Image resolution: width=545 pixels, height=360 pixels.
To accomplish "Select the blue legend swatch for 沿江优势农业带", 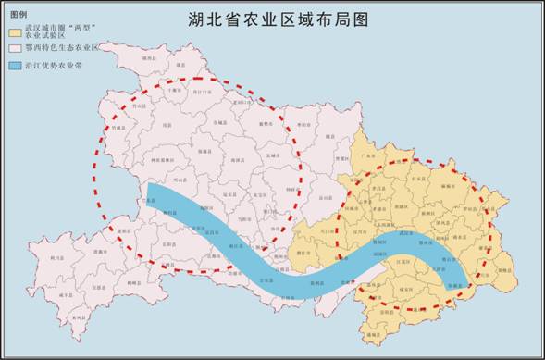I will tap(16, 66).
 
